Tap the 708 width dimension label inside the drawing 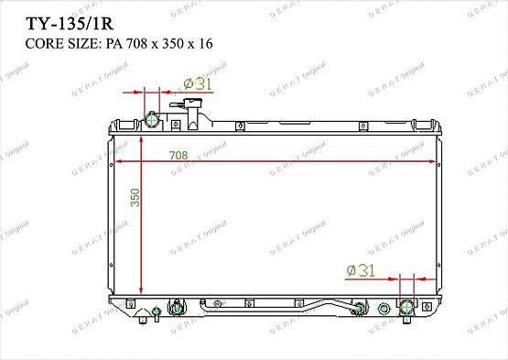click(179, 156)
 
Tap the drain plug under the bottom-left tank click(141, 318)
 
